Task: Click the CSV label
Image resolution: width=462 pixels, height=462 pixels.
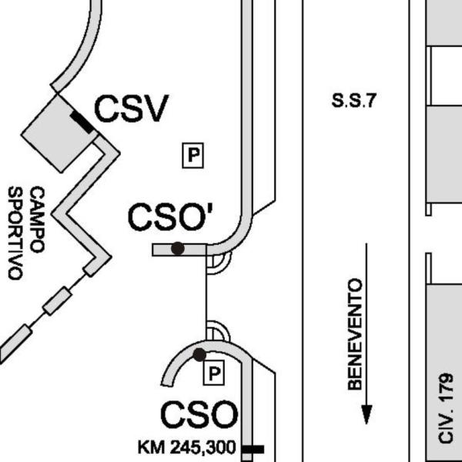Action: point(132,109)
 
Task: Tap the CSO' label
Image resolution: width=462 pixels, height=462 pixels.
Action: point(170,217)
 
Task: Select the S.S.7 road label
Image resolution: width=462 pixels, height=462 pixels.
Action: point(354,100)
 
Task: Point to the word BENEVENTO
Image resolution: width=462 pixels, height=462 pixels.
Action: point(355,334)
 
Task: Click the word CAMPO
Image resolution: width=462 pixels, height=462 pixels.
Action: point(38,219)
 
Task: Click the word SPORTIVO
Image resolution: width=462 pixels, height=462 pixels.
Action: point(15,233)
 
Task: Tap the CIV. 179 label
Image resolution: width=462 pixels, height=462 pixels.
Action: point(446,408)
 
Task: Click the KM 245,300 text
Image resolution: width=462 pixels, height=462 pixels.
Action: point(187,447)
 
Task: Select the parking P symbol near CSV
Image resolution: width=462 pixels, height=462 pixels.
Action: point(193,156)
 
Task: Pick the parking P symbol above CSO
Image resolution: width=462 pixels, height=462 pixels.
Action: point(214,373)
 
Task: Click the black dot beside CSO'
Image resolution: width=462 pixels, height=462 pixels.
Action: point(178,249)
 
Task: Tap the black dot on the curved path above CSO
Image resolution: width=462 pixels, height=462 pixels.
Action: point(199,355)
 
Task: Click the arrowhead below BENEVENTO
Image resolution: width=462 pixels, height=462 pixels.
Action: point(367,414)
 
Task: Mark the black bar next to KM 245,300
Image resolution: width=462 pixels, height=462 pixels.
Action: point(253,450)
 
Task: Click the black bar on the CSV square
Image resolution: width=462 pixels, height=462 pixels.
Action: point(82,122)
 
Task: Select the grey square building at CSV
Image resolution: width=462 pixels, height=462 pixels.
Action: point(59,133)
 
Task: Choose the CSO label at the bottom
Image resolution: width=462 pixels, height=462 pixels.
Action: point(199,414)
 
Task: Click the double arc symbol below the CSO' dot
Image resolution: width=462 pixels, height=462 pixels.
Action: point(219,263)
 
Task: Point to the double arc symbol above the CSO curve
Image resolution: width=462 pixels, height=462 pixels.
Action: point(219,330)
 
